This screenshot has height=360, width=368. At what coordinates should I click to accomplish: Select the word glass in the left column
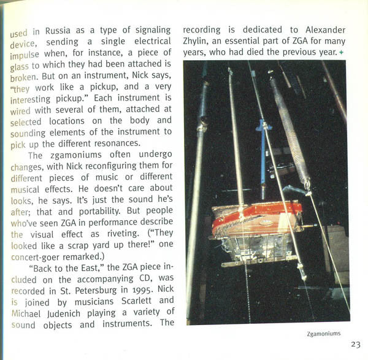point(23,64)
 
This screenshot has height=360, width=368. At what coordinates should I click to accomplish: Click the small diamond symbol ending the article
point(341,53)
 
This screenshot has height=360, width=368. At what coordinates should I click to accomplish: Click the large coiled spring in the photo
point(289,129)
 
